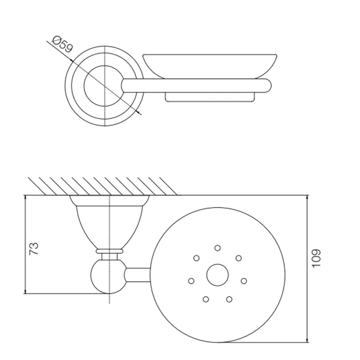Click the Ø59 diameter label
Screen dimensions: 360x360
point(62,44)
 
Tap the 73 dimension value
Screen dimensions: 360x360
point(34,248)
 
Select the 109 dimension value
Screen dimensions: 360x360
point(316,258)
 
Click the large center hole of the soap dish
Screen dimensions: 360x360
point(218,275)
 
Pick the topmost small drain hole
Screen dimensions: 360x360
point(218,248)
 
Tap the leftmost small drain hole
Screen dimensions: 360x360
point(191,281)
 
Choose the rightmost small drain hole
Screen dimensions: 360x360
point(244,281)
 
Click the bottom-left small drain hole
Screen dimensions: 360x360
point(206,299)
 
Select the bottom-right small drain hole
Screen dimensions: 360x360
point(229,299)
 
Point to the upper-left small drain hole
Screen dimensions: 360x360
point(196,258)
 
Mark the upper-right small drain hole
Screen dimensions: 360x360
point(239,258)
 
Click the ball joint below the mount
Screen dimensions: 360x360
point(109,276)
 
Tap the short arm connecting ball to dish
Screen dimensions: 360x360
point(138,275)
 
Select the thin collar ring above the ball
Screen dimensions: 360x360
point(110,251)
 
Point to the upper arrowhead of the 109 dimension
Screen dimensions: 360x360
point(308,199)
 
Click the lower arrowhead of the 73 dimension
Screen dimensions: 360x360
point(25,291)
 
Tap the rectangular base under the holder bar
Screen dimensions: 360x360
point(210,97)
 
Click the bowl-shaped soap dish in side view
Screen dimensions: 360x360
point(210,66)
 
